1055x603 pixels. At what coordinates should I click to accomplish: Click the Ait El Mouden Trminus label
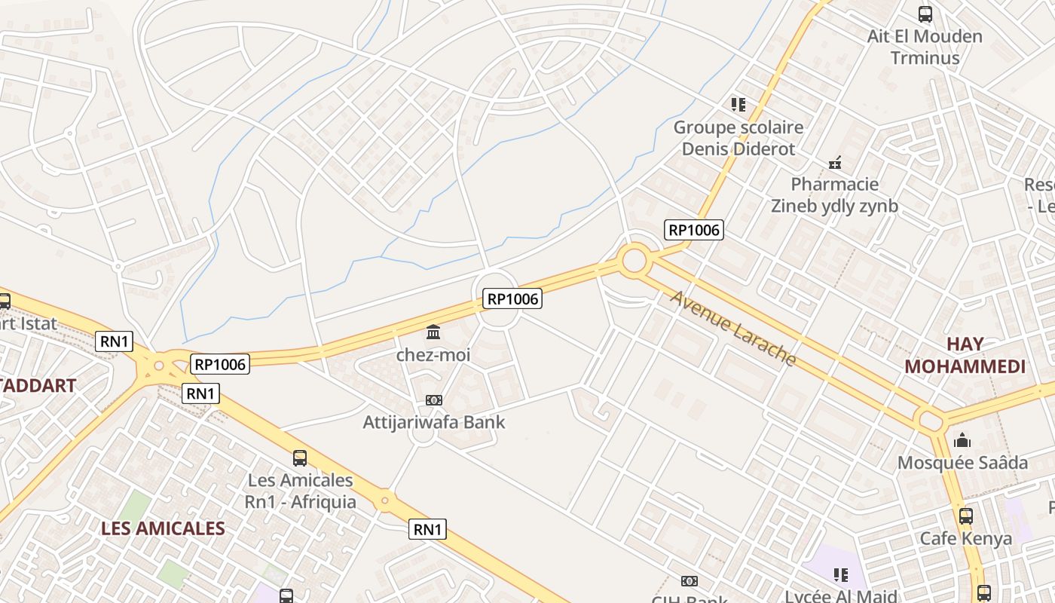click(x=925, y=47)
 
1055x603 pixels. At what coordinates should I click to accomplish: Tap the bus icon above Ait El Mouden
click(x=925, y=14)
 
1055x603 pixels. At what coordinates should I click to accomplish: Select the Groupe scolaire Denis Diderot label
click(x=738, y=138)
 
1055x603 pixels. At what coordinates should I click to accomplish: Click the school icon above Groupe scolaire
click(x=738, y=104)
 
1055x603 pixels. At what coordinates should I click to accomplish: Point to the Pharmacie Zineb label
click(x=834, y=195)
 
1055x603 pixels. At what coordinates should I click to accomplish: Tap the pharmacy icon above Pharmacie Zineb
click(x=835, y=162)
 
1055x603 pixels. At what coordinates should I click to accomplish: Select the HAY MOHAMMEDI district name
click(x=965, y=355)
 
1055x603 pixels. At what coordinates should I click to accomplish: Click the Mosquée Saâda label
click(x=962, y=462)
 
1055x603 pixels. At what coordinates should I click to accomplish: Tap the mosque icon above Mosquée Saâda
click(x=962, y=440)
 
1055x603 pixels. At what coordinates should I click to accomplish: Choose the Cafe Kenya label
click(x=965, y=538)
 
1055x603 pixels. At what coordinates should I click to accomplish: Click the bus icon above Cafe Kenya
click(x=965, y=516)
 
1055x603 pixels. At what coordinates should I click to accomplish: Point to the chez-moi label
click(x=433, y=354)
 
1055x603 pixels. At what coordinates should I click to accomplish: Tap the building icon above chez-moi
click(x=433, y=332)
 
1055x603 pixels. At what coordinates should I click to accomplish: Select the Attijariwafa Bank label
click(x=434, y=422)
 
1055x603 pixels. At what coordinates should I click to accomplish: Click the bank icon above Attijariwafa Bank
click(x=434, y=400)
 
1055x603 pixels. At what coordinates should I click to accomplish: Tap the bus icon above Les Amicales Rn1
click(x=300, y=458)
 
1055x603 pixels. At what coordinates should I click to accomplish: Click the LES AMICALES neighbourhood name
click(x=163, y=528)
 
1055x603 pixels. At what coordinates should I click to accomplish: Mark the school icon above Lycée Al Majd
click(x=841, y=576)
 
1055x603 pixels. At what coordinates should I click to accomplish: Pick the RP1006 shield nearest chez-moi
click(x=512, y=299)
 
